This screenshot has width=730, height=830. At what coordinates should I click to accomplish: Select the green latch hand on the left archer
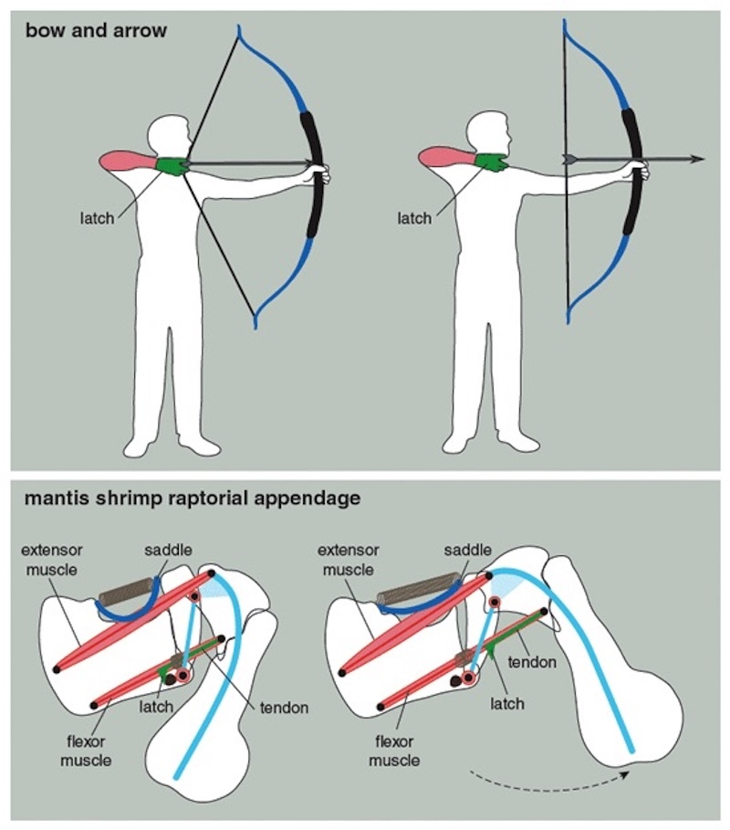(171, 164)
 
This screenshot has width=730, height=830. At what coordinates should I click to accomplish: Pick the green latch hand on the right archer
(490, 162)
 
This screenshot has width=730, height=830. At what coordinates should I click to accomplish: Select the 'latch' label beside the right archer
(415, 218)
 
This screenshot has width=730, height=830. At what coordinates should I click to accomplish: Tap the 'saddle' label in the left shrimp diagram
(167, 551)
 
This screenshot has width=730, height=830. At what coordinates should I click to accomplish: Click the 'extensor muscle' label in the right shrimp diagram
(349, 559)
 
